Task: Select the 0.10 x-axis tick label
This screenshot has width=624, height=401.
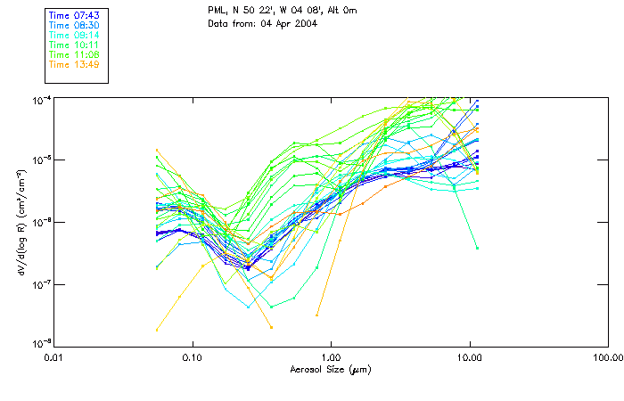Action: (193, 357)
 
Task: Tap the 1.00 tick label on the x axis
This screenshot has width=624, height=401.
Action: (331, 357)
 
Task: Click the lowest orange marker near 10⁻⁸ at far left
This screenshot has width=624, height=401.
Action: (157, 330)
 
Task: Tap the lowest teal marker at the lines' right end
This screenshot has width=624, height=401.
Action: (477, 248)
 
